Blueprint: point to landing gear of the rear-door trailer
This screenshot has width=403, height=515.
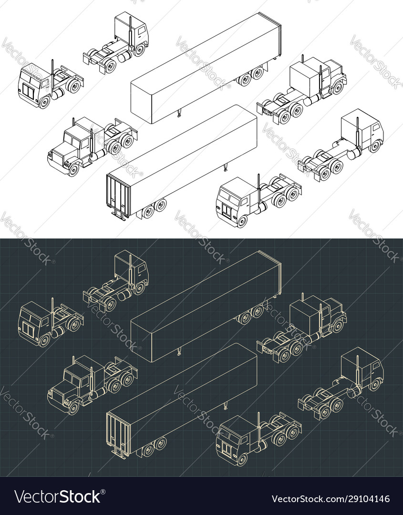[225, 406]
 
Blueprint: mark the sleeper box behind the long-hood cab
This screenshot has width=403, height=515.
[303, 316]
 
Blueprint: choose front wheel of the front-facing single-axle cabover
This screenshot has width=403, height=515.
[44, 340]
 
